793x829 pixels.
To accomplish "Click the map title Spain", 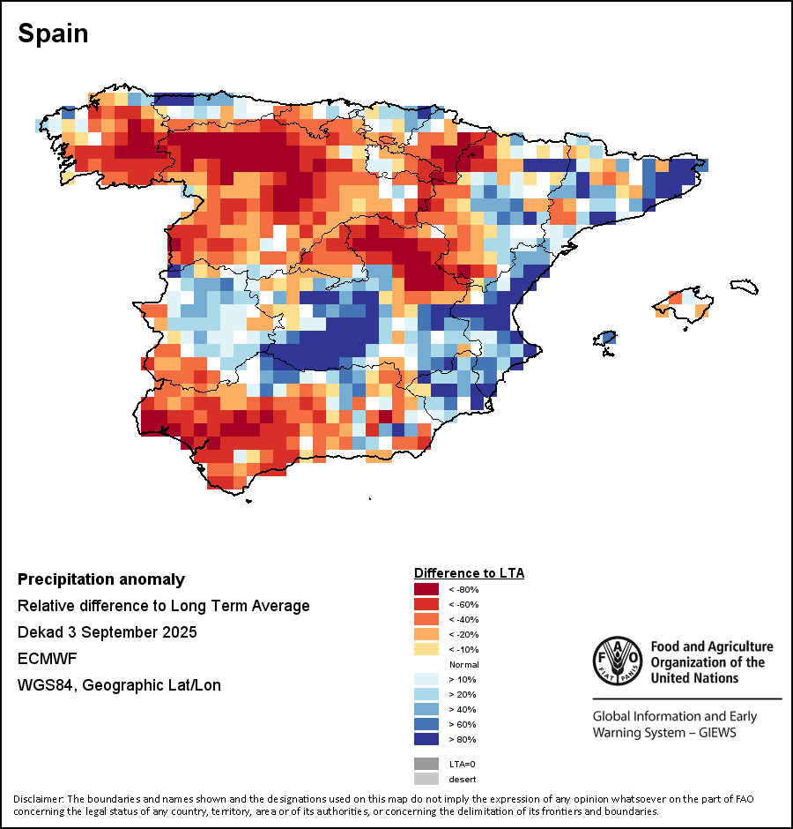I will click(x=53, y=34).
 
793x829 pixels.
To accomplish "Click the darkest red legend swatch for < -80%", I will click(x=426, y=589).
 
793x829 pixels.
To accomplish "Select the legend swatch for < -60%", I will click(x=426, y=604).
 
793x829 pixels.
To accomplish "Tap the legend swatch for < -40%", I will click(x=426, y=619).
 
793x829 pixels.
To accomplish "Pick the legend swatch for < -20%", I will click(x=426, y=634).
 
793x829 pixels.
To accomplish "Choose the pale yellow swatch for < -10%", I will click(x=426, y=649).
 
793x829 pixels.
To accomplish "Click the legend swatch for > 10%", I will click(x=426, y=679).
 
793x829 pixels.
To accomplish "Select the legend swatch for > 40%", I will click(x=426, y=709).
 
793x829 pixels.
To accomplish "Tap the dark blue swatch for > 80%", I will click(x=426, y=739).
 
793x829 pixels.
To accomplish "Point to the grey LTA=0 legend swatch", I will click(x=426, y=764).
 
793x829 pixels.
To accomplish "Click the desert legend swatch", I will click(x=426, y=779).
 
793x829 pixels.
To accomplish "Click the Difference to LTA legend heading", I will click(x=469, y=573).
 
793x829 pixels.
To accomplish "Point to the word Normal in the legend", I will click(x=463, y=664).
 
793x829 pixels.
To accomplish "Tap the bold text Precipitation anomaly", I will click(x=101, y=579).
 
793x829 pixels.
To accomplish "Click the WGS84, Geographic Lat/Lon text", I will click(x=119, y=685).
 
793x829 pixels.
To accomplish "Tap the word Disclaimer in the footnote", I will click(x=40, y=799).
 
